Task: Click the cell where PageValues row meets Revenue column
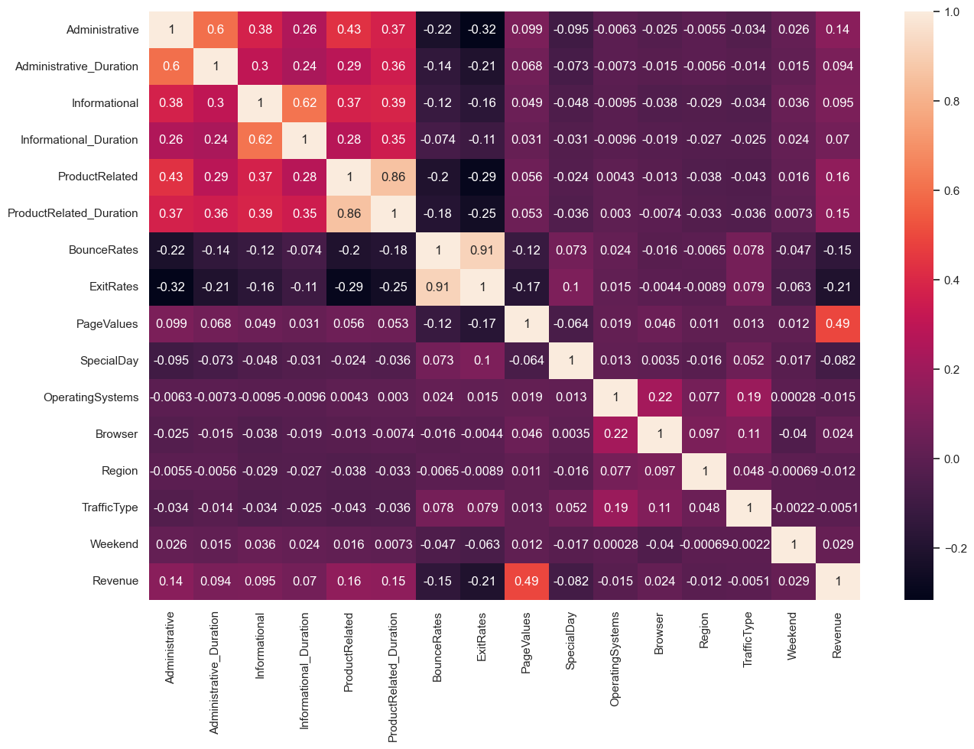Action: coord(838,323)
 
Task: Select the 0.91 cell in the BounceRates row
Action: coord(482,250)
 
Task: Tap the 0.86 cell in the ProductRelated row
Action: coord(394,177)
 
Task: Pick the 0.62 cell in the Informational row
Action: coord(304,103)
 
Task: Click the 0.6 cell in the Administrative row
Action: coord(216,30)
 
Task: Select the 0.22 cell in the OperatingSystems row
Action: coord(660,397)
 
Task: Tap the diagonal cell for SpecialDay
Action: coord(571,360)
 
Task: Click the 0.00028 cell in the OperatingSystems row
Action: coord(794,397)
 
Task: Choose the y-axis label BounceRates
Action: coord(103,250)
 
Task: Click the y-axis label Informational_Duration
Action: coord(80,140)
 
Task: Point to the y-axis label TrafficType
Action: coord(110,507)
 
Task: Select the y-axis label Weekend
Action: coord(114,544)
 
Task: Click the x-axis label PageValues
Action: coord(526,642)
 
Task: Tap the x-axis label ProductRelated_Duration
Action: coord(393,676)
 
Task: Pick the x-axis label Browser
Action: coord(659,634)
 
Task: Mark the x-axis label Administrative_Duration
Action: coord(215,673)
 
